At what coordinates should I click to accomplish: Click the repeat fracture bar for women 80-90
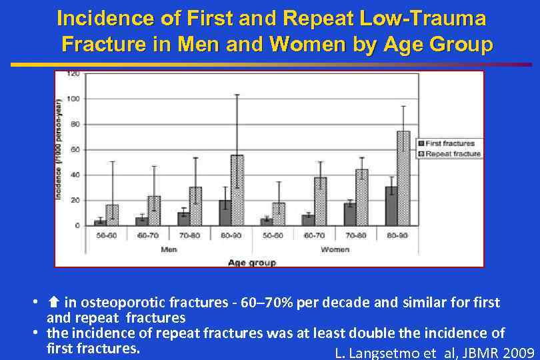tap(403, 178)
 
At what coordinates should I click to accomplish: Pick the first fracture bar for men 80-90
tap(225, 213)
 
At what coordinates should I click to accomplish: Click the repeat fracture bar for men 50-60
tap(112, 215)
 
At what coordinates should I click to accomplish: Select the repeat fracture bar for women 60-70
tap(320, 201)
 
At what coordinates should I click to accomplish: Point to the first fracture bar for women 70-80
tap(349, 214)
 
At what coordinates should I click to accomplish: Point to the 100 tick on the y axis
tap(72, 99)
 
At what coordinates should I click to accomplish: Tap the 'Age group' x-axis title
tap(251, 263)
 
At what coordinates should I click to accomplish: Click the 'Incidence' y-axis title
tap(59, 149)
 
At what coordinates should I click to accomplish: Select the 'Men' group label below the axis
tap(169, 249)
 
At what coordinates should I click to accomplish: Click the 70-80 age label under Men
tap(189, 236)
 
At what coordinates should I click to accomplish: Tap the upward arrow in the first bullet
tap(53, 303)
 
